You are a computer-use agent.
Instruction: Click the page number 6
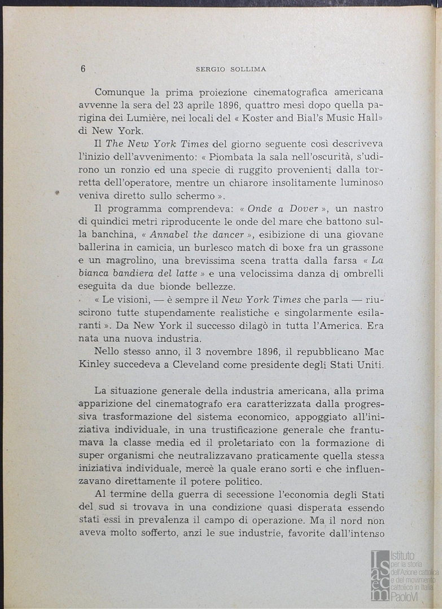click(x=83, y=69)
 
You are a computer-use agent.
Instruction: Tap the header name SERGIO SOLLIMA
click(x=231, y=69)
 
